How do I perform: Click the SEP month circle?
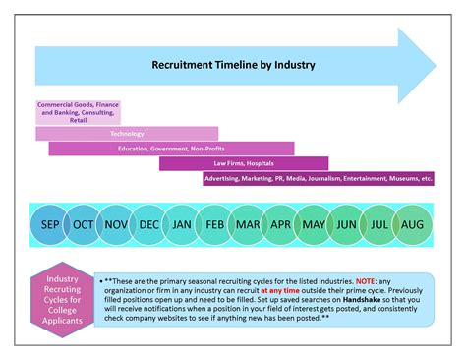click(x=50, y=224)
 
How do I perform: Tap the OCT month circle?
click(x=84, y=224)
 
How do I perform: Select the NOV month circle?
click(x=117, y=224)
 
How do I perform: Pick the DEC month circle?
click(x=149, y=224)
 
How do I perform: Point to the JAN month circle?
click(x=183, y=224)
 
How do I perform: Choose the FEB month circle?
click(x=215, y=224)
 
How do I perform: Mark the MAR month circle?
click(x=248, y=224)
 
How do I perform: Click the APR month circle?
click(x=281, y=224)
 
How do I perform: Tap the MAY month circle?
click(x=314, y=224)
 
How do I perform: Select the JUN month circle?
click(x=347, y=224)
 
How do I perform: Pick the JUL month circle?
click(x=379, y=224)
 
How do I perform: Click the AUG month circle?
click(x=413, y=224)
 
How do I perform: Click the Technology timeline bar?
click(x=127, y=133)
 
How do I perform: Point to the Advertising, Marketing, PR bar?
click(x=319, y=179)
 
